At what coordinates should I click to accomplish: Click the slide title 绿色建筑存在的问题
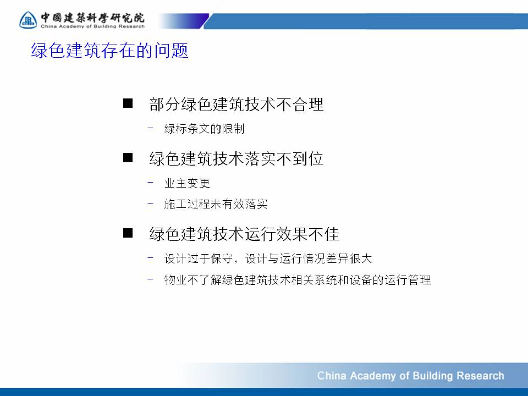109,51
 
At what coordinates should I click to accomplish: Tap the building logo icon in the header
28,20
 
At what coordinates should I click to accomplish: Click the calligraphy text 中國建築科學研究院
92,18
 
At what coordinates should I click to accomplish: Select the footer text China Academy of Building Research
410,376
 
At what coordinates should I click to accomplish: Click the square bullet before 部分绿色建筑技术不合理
128,103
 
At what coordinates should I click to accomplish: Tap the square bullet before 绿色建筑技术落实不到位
128,157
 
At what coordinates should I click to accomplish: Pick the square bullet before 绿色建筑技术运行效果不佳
128,233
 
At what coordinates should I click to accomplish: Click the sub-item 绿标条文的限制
204,129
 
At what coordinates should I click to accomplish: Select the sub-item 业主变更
187,183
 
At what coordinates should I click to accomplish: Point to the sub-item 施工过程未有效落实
216,204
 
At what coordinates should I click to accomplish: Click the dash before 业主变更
150,182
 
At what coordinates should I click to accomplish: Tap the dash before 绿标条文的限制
150,128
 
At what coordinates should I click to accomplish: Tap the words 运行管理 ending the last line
408,280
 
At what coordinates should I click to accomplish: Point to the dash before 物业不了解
150,278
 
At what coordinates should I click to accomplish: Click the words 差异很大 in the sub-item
349,258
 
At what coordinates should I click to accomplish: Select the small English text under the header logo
92,26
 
